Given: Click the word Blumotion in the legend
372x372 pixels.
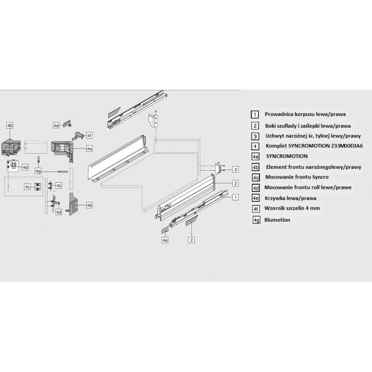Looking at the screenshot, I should [278, 219].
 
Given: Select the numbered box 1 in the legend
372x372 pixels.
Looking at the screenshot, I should [254, 114].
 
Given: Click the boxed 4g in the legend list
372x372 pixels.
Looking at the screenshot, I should [254, 219].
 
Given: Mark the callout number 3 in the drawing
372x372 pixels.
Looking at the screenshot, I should [236, 169].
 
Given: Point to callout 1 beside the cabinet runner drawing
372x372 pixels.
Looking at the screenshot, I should [236, 197].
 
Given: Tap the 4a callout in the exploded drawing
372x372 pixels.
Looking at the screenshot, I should [89, 148].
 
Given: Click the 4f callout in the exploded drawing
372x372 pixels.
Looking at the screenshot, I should [90, 135].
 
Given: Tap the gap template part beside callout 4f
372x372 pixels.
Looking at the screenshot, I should [78, 135].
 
